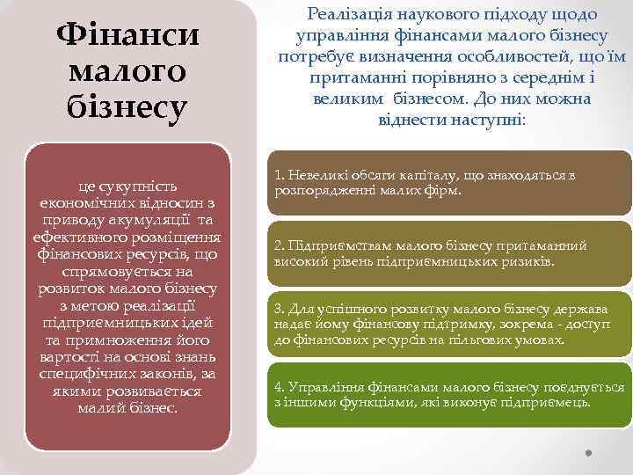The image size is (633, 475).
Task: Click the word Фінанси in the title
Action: (x=127, y=36)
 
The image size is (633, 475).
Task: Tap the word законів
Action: (x=164, y=375)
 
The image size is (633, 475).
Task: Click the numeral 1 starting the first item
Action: (x=278, y=176)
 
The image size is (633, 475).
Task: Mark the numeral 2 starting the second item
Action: (x=278, y=246)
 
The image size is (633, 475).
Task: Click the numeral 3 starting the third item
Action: (x=278, y=310)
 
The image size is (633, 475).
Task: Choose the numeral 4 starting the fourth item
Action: (x=278, y=387)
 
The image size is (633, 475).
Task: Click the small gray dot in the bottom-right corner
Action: (x=588, y=454)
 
